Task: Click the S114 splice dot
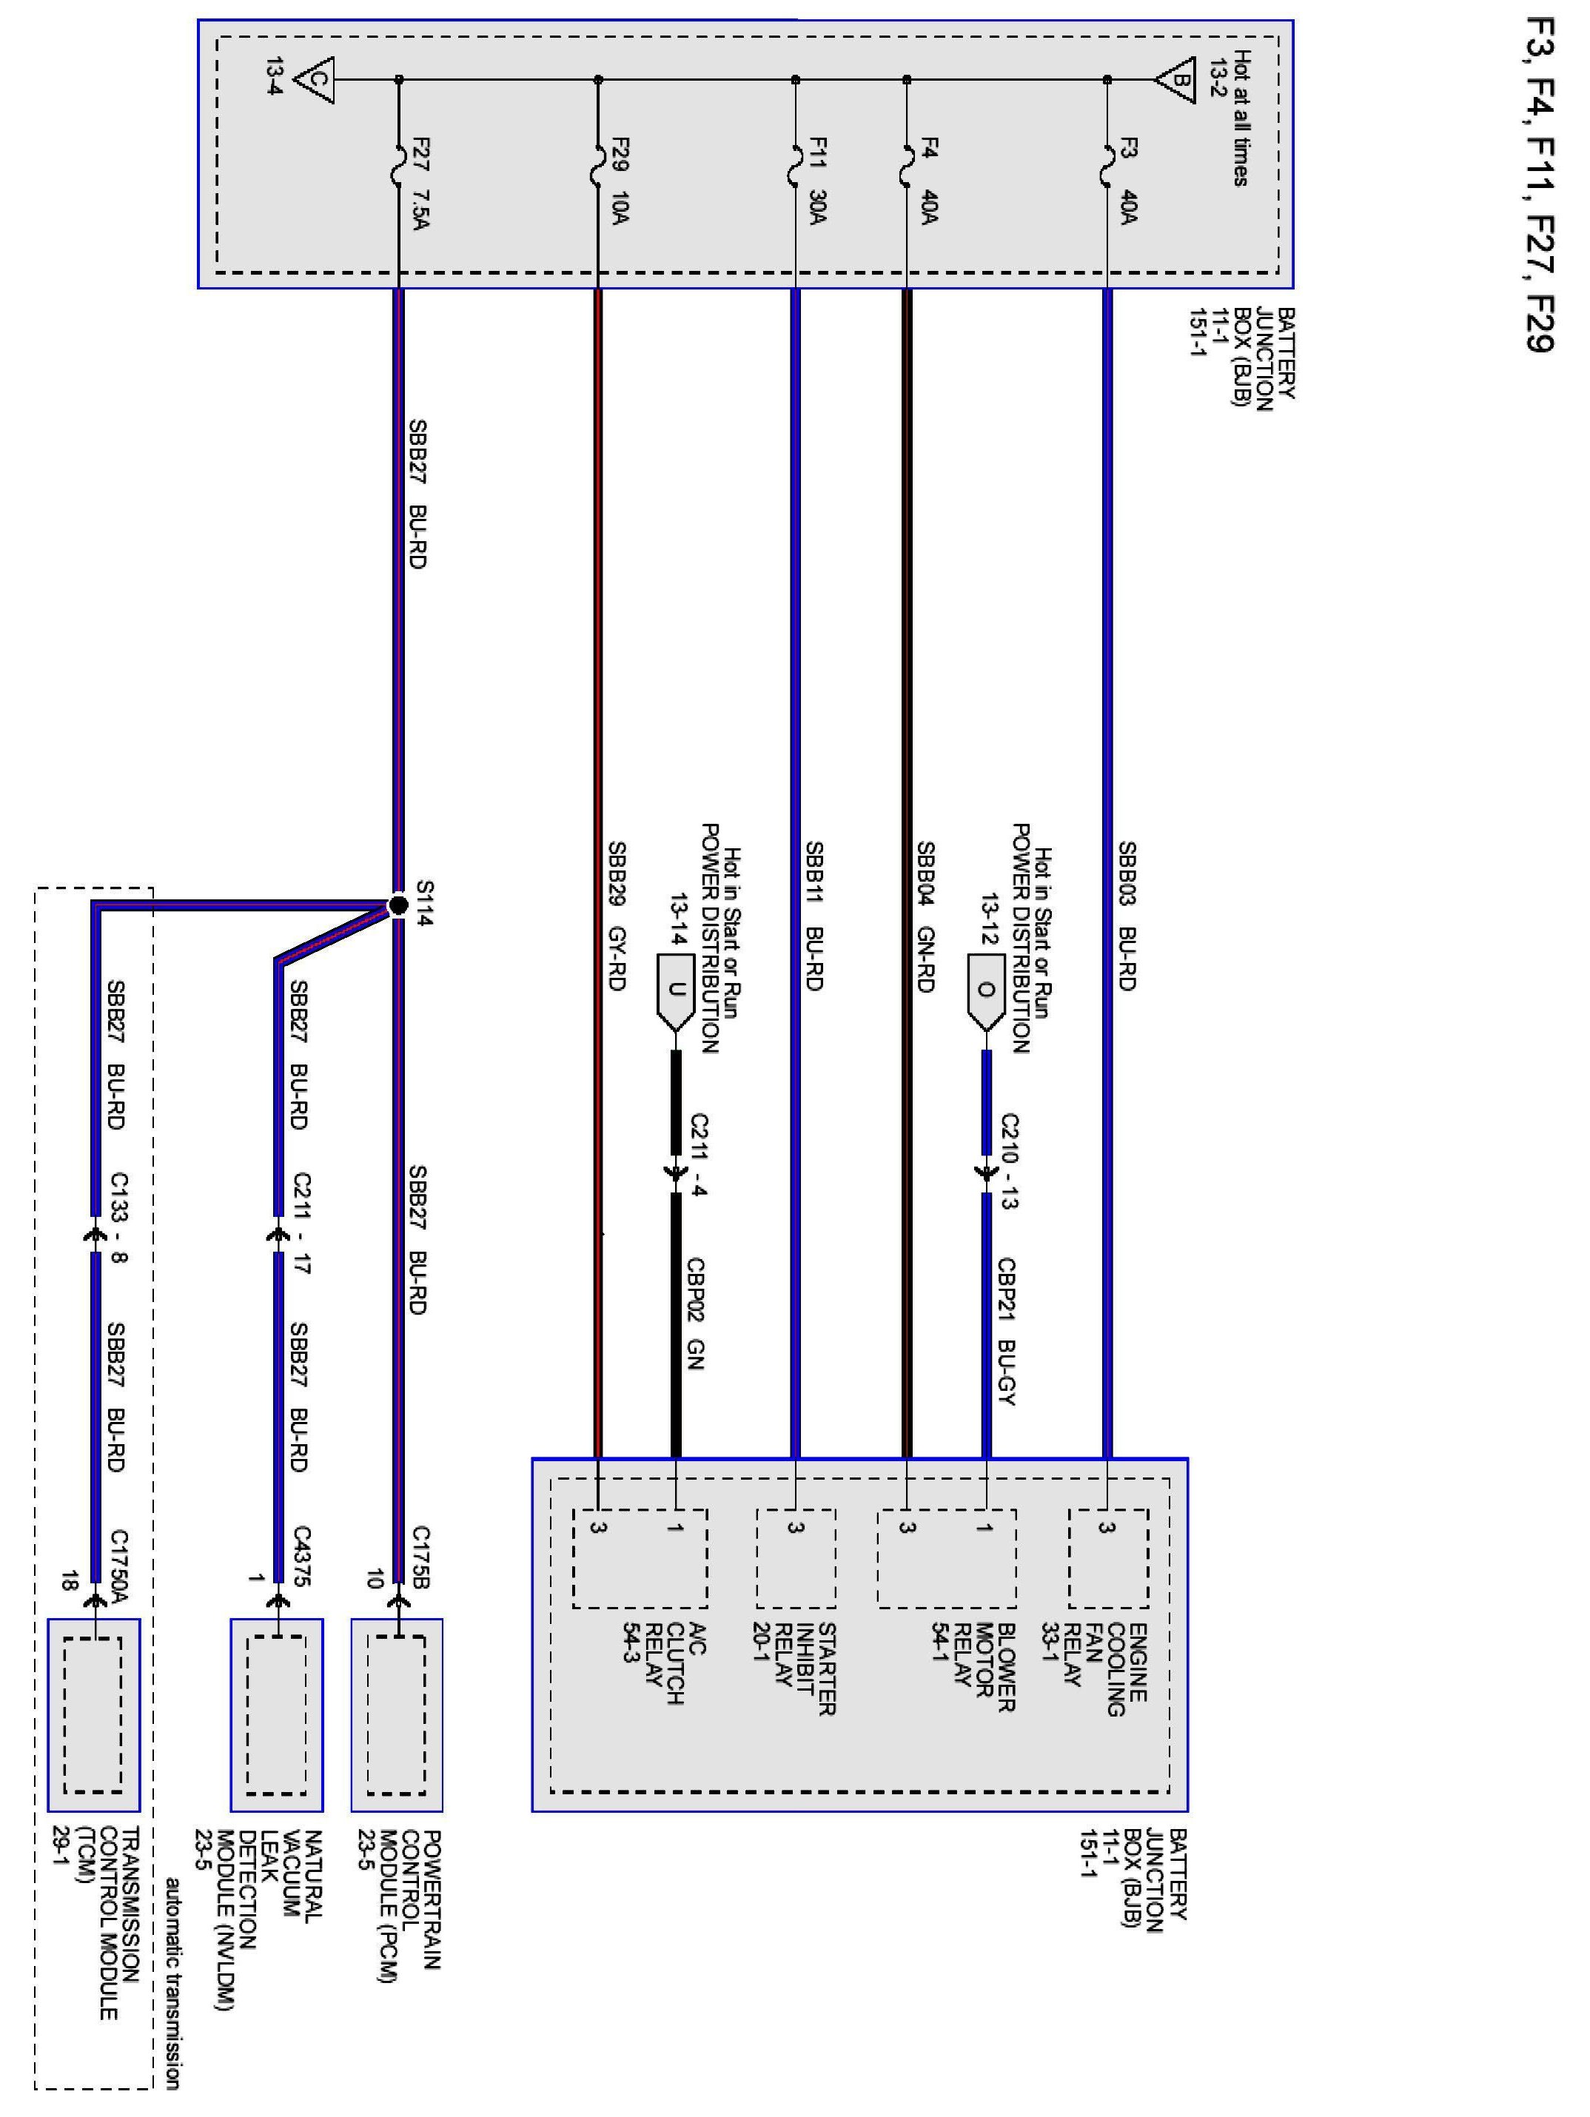click(398, 905)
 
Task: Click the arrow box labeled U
click(676, 991)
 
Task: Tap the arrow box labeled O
click(986, 991)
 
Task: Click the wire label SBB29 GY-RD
click(617, 915)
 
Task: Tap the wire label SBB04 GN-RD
click(926, 915)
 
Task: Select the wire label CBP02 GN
click(696, 1313)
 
